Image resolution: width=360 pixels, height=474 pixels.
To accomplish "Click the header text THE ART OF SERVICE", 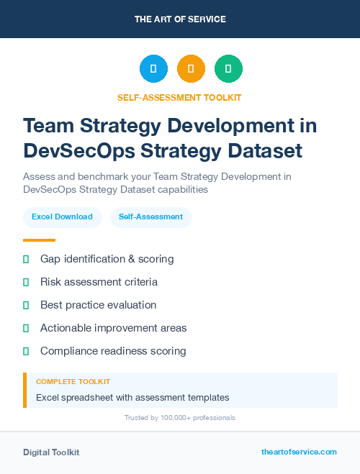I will [x=180, y=19].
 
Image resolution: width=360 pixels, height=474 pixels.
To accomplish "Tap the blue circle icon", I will [x=153, y=69].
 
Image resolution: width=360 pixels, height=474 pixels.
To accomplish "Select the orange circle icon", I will [x=191, y=69].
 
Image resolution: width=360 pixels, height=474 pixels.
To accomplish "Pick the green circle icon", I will [x=228, y=69].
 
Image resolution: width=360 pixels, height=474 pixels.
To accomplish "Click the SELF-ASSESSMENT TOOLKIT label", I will [x=180, y=97].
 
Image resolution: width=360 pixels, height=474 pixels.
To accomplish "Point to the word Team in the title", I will [x=50, y=125].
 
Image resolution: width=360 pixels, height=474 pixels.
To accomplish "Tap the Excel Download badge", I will [x=62, y=217].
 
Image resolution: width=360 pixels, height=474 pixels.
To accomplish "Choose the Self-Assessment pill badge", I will [x=150, y=217].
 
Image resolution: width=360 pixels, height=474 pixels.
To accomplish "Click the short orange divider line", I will [x=39, y=240].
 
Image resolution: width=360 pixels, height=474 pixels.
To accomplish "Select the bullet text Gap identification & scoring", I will [x=107, y=259].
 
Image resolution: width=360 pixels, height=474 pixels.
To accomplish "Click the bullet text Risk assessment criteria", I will [x=99, y=282].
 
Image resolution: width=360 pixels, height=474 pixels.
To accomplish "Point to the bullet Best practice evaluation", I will [x=98, y=305].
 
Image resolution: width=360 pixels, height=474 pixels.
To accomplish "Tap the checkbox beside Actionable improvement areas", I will [x=26, y=328].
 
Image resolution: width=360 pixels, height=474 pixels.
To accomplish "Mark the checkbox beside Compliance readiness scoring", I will [x=26, y=351].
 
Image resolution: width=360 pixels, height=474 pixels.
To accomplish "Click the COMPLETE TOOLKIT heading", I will [x=73, y=382].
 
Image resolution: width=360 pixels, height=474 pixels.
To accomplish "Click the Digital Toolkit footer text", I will [x=51, y=452].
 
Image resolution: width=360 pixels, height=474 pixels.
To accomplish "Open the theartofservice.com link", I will [x=299, y=452].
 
